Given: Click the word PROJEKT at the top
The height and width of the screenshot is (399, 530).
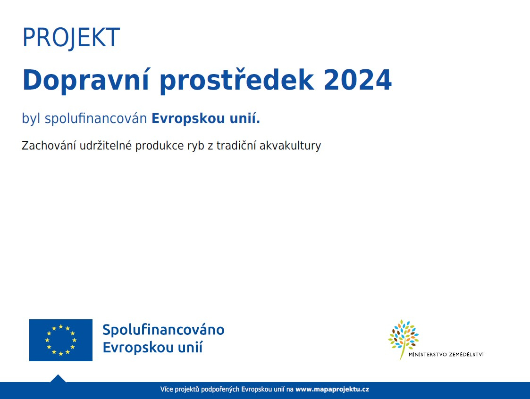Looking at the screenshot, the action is tap(71, 38).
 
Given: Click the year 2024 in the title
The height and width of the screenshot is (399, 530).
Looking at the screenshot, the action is tap(358, 80).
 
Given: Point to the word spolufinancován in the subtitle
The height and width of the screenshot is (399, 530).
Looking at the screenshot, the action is tap(96, 119).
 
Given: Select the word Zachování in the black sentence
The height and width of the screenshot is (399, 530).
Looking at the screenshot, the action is tap(49, 146).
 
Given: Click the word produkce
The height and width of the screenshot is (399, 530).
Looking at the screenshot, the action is tap(159, 146).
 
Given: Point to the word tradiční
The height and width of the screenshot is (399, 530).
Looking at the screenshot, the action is tap(236, 146).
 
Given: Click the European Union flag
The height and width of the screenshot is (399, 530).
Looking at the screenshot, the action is tap(61, 340).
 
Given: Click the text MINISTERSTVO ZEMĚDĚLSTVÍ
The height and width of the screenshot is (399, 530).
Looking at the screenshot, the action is tap(446, 354).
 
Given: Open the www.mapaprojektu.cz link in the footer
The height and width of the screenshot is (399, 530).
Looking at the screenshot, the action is tap(332, 390).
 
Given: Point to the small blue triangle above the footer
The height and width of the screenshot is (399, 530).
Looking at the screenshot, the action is tap(58, 378).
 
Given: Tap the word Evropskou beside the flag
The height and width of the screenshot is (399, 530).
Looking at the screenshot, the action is tap(134, 347).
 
